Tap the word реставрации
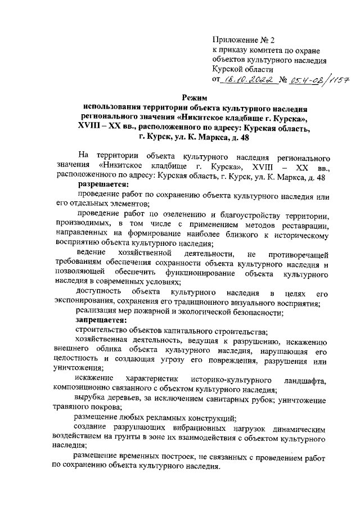pyautogui.click(x=303, y=225)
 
